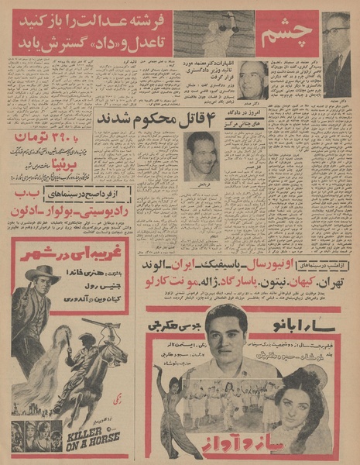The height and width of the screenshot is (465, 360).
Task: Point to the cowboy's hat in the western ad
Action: pos(43,274)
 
